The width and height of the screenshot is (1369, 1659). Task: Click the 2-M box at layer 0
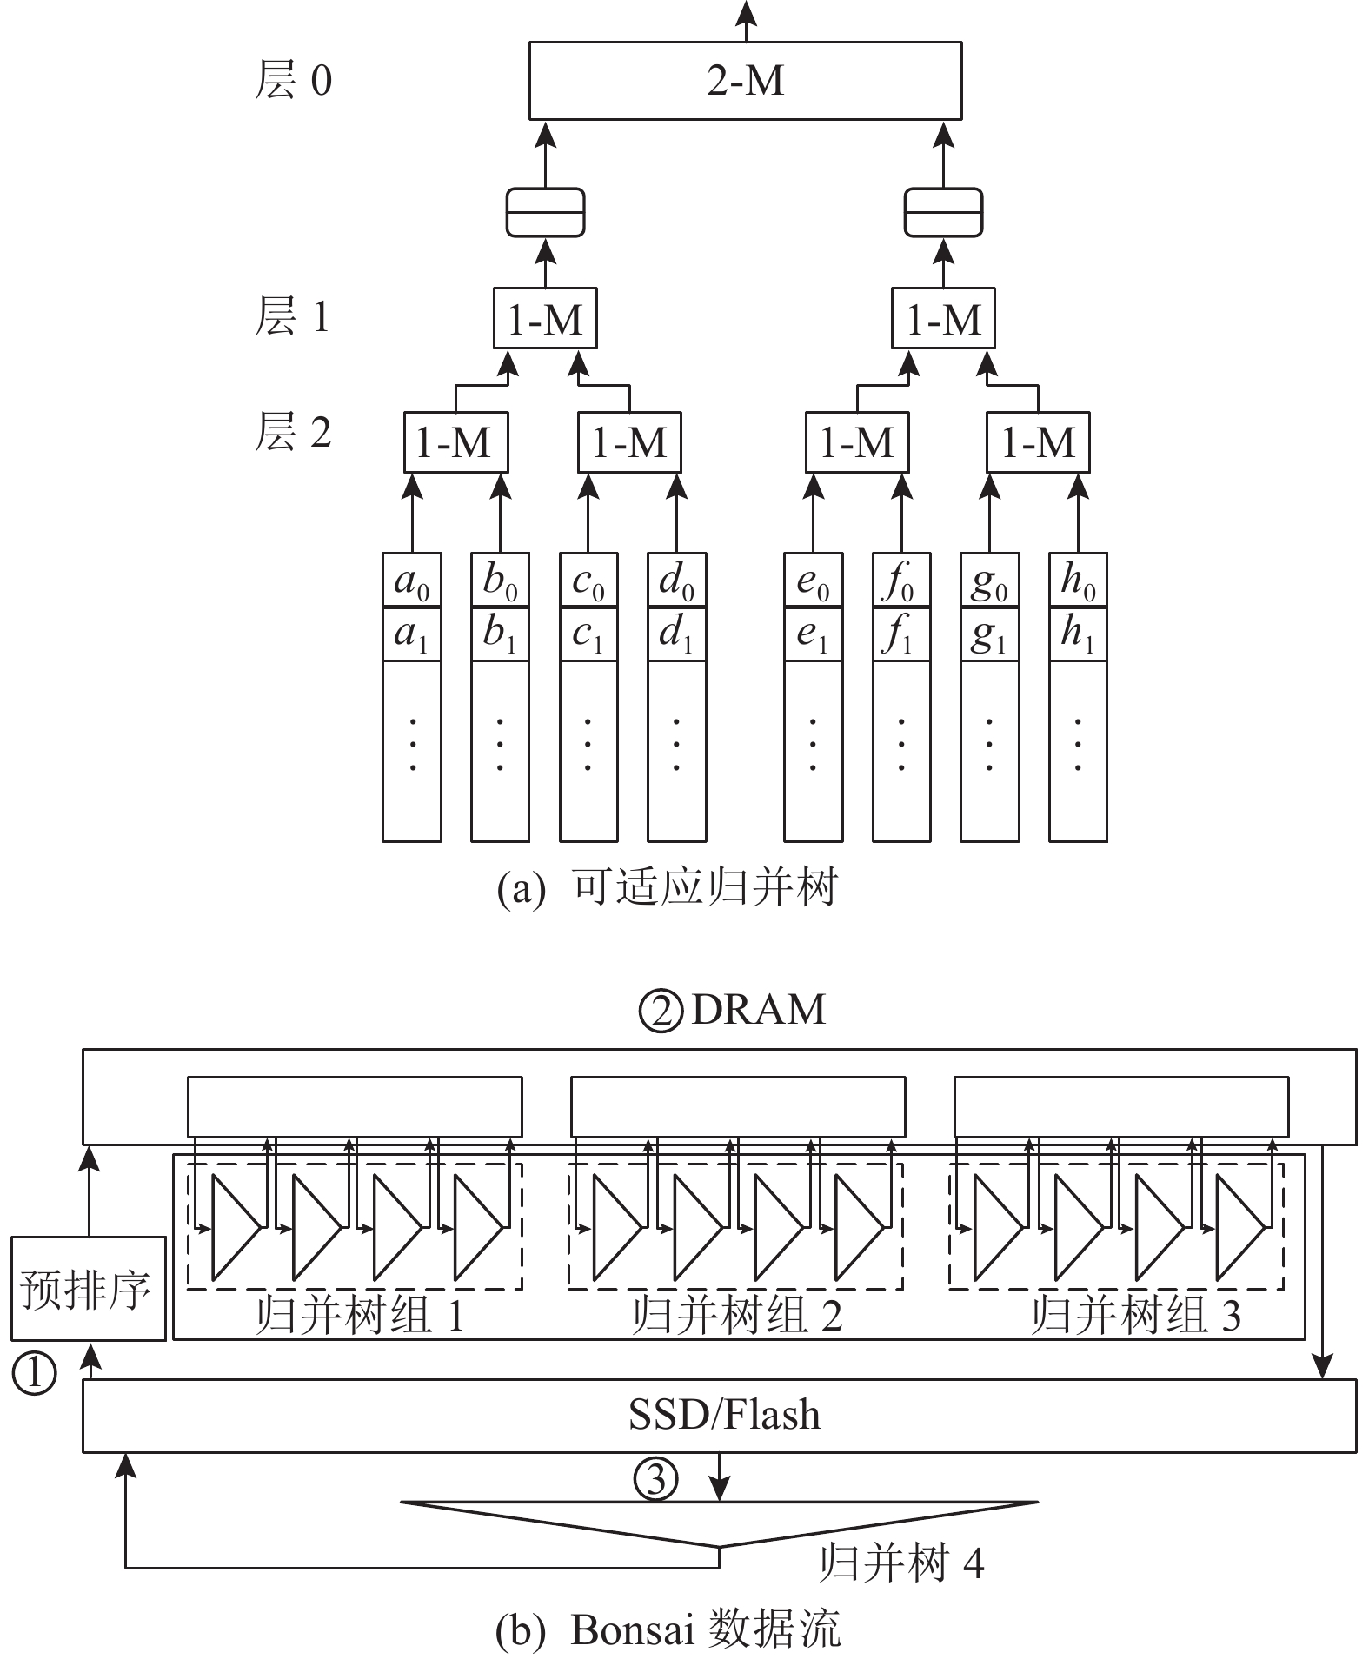(745, 82)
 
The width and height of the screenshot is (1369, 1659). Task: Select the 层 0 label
(293, 82)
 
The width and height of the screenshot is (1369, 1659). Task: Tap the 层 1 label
(293, 316)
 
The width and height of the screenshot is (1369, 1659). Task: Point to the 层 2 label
(293, 432)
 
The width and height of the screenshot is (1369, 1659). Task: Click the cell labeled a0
(412, 581)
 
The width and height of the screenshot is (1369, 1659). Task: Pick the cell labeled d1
(676, 634)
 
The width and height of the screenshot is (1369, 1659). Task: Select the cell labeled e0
(813, 581)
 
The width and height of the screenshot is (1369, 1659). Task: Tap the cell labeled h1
(1078, 634)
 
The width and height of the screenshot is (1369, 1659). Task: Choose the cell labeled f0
(900, 581)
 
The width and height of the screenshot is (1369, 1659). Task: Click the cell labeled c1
(588, 634)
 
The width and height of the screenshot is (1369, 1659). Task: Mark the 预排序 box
(88, 1289)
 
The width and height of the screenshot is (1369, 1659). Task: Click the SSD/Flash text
(724, 1416)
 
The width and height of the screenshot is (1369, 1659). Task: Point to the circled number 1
(34, 1374)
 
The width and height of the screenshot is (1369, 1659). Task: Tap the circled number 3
(655, 1480)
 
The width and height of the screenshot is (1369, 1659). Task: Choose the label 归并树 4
(901, 1564)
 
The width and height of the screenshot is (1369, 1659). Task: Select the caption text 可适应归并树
(704, 888)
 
